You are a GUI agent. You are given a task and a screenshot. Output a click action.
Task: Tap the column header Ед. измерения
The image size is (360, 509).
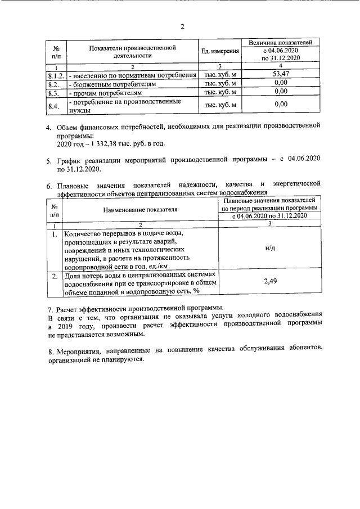coord(220,52)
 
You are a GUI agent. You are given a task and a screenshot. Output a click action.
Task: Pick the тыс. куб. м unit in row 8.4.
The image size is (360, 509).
coord(220,105)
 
